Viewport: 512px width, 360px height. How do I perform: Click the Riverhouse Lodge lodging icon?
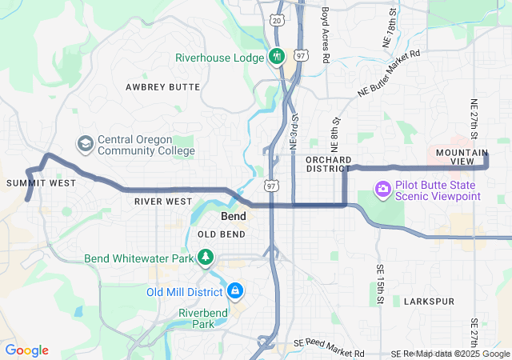click(277, 56)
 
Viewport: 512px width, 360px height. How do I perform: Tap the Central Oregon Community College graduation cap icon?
click(84, 144)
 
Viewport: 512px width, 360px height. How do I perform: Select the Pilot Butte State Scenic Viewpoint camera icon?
click(383, 189)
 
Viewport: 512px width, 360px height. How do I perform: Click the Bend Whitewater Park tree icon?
click(206, 257)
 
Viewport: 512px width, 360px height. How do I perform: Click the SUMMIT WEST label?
click(41, 183)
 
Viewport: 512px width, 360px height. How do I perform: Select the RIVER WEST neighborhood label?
click(163, 202)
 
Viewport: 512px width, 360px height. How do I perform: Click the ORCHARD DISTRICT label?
click(329, 164)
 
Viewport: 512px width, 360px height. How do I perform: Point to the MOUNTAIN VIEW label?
click(462, 157)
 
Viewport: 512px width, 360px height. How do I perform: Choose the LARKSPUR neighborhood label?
click(429, 302)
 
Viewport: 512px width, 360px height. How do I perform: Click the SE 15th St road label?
click(380, 285)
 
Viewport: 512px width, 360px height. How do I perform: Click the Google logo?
click(26, 350)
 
